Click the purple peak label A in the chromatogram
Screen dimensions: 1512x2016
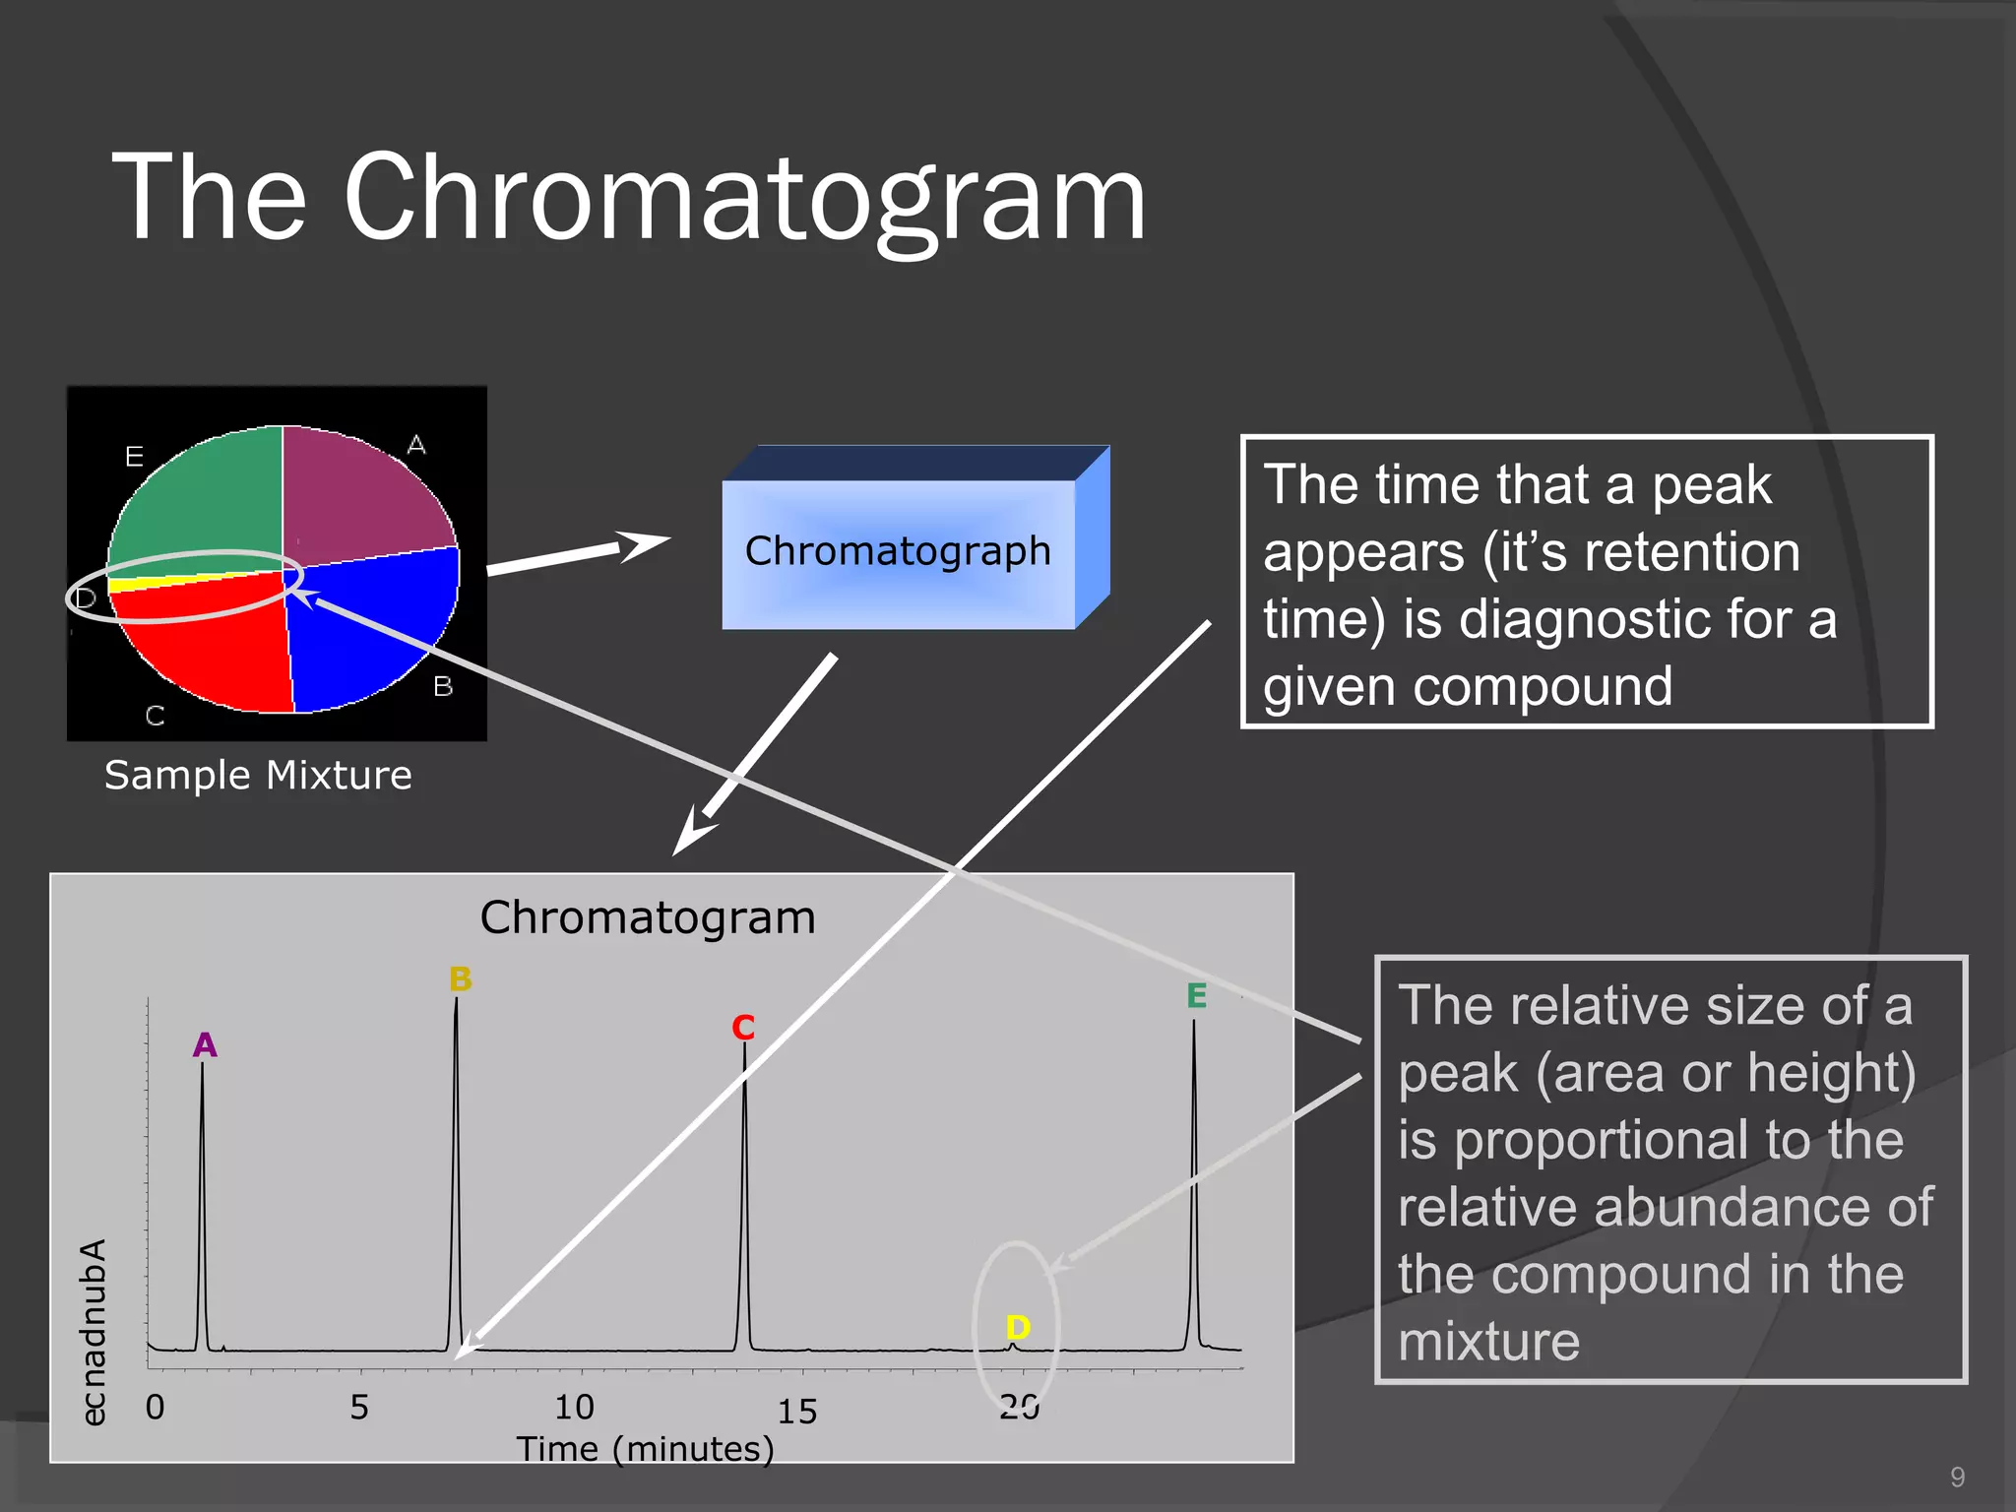coord(205,1044)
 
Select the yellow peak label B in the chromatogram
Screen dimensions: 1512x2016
coord(460,979)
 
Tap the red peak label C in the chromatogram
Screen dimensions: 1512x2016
coord(743,1028)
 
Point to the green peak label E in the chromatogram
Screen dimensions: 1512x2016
coord(1196,996)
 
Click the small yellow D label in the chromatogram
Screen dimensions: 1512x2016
coord(1018,1327)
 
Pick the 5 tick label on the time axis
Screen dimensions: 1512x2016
coord(359,1407)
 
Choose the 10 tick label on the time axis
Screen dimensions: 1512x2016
coord(574,1407)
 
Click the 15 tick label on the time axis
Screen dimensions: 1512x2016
coord(797,1411)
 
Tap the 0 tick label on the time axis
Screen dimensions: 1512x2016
coord(155,1407)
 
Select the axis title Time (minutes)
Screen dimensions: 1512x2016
coord(645,1449)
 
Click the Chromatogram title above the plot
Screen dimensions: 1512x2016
coord(647,917)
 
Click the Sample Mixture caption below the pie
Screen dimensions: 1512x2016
coord(258,775)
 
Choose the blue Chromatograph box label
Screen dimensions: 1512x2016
coord(898,551)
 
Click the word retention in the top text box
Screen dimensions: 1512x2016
coord(1678,552)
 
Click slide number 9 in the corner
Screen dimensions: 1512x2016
coord(1957,1477)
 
